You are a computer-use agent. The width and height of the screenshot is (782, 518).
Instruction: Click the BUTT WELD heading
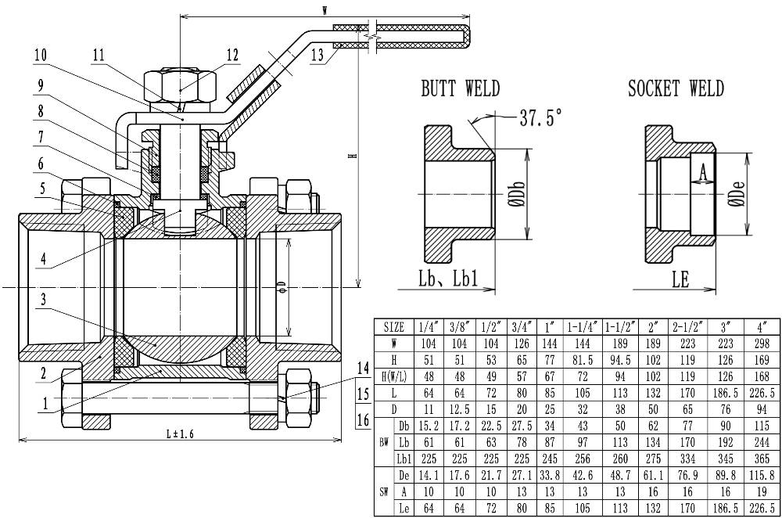pyautogui.click(x=460, y=89)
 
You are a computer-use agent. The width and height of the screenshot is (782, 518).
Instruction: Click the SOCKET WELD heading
pyautogui.click(x=676, y=89)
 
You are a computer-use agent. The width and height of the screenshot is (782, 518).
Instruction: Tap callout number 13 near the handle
pyautogui.click(x=317, y=55)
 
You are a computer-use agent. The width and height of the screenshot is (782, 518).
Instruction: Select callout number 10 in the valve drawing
pyautogui.click(x=41, y=55)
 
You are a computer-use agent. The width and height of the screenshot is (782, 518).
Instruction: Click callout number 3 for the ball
pyautogui.click(x=44, y=299)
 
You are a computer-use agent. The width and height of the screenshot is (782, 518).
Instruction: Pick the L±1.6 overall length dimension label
pyautogui.click(x=180, y=434)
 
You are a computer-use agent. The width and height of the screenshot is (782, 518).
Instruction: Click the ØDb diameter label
pyautogui.click(x=518, y=193)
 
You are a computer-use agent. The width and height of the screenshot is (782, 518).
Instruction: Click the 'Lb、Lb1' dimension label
pyautogui.click(x=448, y=279)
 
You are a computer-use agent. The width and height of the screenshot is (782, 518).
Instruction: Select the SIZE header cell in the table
pyautogui.click(x=394, y=327)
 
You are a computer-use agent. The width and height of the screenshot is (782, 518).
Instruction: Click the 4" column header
pyautogui.click(x=762, y=327)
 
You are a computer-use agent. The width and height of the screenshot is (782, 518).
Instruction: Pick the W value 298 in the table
pyautogui.click(x=762, y=344)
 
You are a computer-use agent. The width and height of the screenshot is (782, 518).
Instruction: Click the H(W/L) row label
pyautogui.click(x=394, y=377)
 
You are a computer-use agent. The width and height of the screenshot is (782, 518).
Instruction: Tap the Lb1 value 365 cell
pyautogui.click(x=762, y=459)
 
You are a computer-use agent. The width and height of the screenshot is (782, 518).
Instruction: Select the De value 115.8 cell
pyautogui.click(x=762, y=476)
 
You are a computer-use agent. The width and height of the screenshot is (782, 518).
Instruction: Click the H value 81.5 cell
pyautogui.click(x=583, y=360)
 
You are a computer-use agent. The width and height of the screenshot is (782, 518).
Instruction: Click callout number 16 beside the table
pyautogui.click(x=364, y=419)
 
